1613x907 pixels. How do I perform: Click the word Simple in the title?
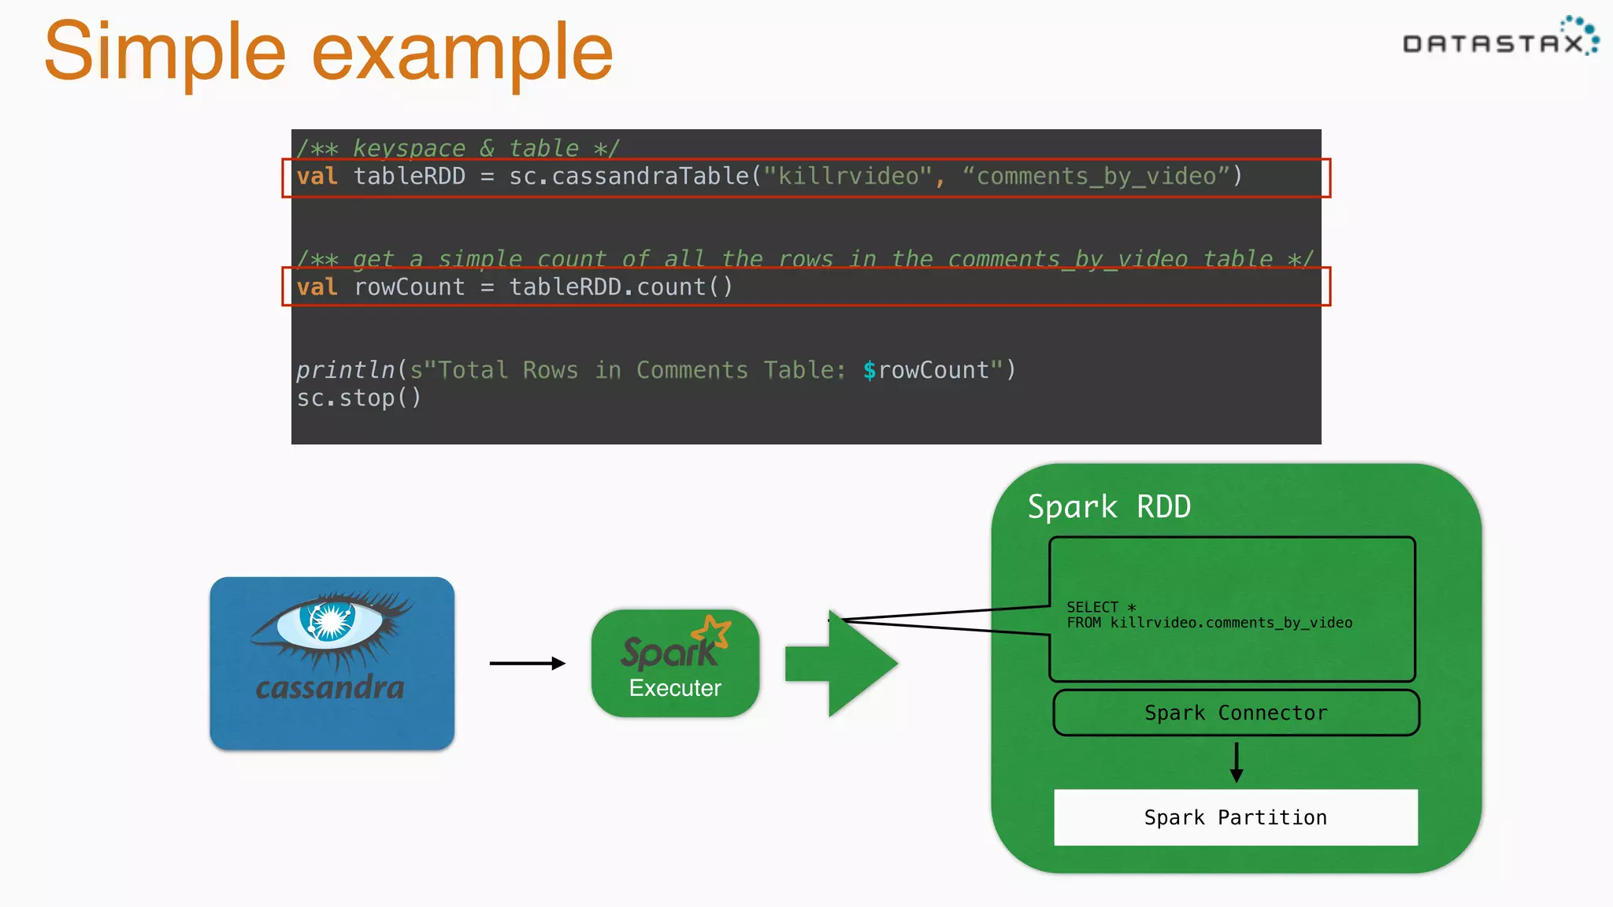[165, 52]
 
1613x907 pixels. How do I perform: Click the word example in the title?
[462, 52]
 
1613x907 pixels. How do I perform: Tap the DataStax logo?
[1500, 39]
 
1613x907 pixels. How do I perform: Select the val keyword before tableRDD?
[317, 176]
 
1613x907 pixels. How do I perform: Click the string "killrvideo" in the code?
[847, 176]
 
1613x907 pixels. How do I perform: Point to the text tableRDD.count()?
[621, 287]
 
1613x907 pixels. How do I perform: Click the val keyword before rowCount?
[317, 287]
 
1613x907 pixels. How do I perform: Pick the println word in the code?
[345, 370]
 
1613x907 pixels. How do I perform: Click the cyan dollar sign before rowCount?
[869, 370]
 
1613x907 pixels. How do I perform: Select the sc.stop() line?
[358, 398]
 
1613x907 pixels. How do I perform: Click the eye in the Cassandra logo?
[330, 621]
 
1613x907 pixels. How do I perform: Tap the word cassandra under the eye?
[330, 687]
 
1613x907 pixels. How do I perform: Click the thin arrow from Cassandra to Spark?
[527, 664]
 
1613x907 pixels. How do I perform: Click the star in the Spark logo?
[713, 630]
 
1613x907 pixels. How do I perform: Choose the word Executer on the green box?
[675, 688]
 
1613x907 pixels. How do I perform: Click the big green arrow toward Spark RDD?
[843, 664]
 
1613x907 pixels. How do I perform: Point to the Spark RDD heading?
[1109, 507]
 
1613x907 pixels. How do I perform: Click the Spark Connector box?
[1236, 713]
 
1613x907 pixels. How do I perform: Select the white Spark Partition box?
[1236, 817]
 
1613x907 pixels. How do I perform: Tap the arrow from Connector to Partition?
[1237, 762]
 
